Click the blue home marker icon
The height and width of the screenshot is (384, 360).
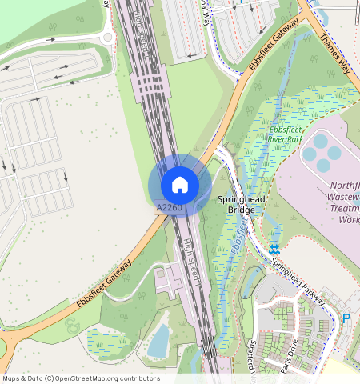180,185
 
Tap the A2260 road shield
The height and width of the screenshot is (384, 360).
169,208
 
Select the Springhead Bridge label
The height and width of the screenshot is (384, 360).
236,204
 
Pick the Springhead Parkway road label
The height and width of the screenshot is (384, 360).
298,280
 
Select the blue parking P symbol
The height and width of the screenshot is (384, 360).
346,318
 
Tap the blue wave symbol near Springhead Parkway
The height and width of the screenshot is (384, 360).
274,250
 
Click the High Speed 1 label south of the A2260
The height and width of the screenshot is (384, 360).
191,260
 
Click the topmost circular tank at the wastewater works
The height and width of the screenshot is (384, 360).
320,141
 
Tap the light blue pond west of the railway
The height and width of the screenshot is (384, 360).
159,341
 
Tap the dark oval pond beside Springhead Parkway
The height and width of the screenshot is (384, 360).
251,280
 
